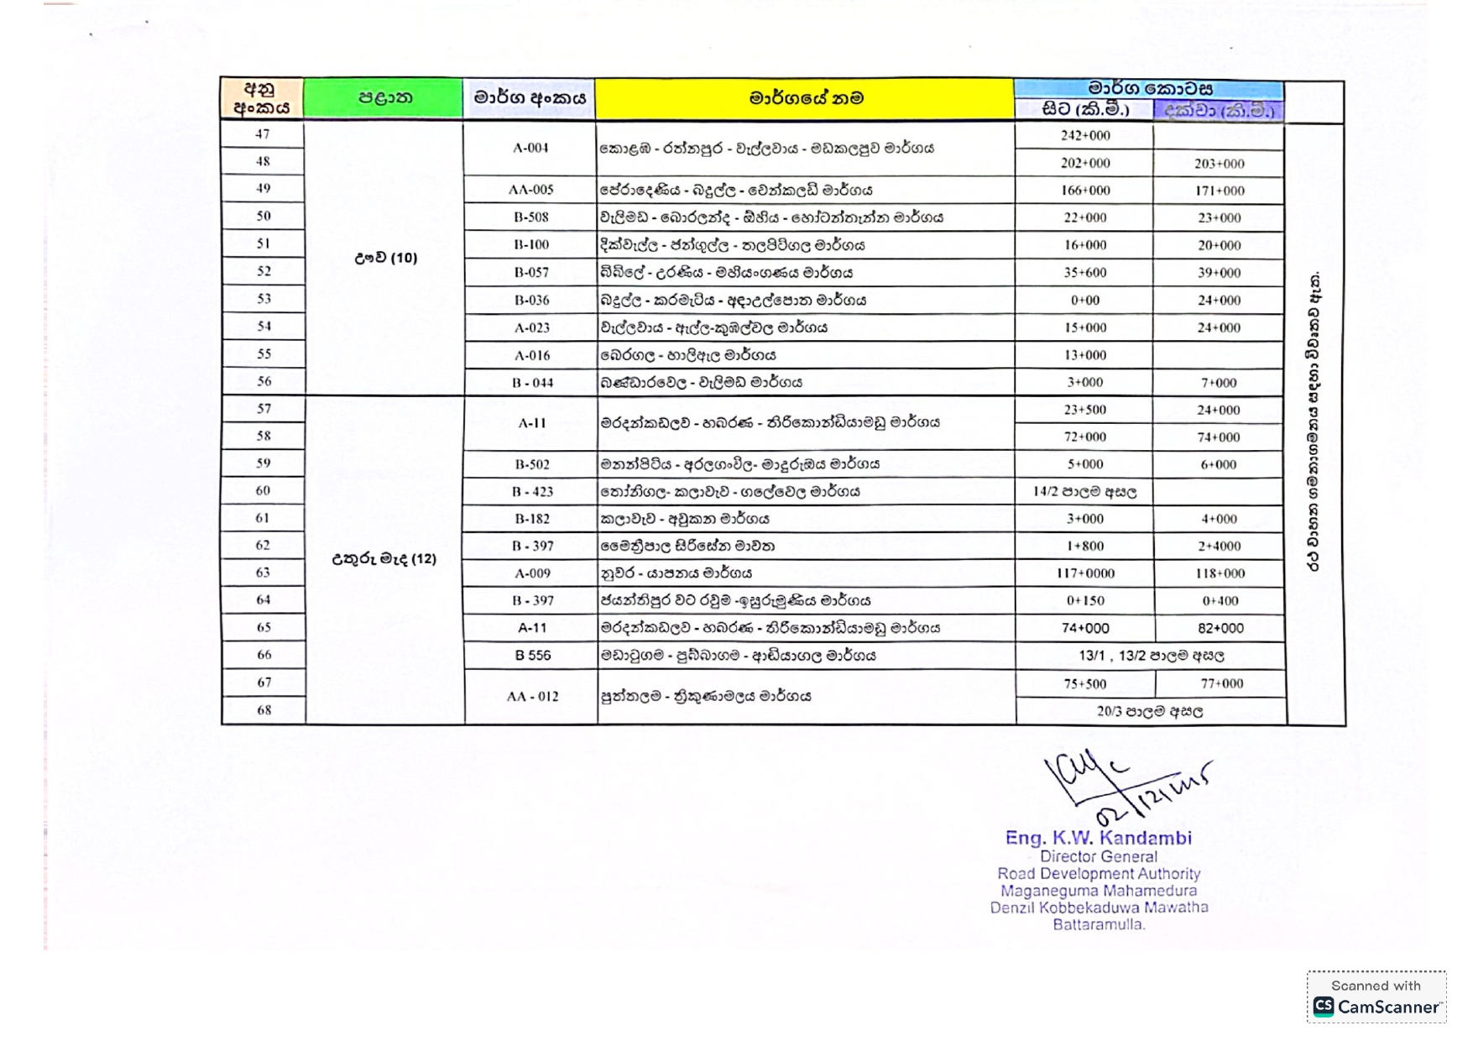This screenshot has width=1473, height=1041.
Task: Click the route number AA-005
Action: click(x=530, y=190)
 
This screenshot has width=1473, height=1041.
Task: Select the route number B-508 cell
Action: click(x=530, y=217)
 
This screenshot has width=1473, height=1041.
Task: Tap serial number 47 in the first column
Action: click(x=263, y=134)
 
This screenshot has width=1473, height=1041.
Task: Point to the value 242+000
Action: click(x=1084, y=136)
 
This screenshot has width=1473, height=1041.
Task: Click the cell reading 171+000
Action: click(x=1219, y=191)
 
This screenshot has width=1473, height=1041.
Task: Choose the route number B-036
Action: click(x=530, y=300)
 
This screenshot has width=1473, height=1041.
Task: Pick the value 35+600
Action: click(x=1084, y=273)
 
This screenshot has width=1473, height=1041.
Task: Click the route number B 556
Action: click(x=532, y=656)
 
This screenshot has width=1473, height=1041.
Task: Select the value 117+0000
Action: click(x=1084, y=573)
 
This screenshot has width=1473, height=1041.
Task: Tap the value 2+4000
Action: click(x=1219, y=547)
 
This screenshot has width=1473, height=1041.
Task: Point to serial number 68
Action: click(x=264, y=710)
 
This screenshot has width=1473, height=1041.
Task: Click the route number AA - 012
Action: click(x=532, y=697)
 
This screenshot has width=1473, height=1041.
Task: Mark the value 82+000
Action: click(x=1220, y=628)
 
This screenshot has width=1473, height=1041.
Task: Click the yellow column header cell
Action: click(x=805, y=98)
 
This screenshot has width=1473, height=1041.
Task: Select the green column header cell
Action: click(x=384, y=98)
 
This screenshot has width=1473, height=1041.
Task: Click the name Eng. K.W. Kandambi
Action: click(x=1098, y=838)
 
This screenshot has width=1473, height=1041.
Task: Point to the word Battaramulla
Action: click(x=1098, y=924)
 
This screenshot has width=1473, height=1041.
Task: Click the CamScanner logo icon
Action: click(x=1324, y=1007)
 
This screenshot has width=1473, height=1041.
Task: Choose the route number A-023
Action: click(x=530, y=327)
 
